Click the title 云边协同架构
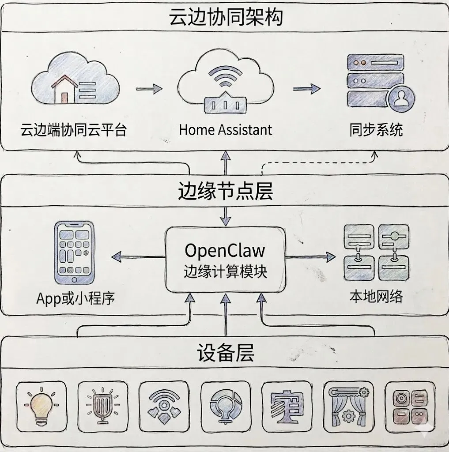(225, 18)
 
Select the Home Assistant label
(225, 130)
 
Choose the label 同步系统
(376, 130)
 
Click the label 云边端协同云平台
(73, 130)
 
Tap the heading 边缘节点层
(225, 191)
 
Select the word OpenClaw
(225, 250)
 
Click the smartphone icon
(74, 253)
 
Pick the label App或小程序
(75, 298)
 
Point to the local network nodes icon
(376, 252)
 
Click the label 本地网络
(376, 296)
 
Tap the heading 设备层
(225, 354)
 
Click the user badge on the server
(400, 99)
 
